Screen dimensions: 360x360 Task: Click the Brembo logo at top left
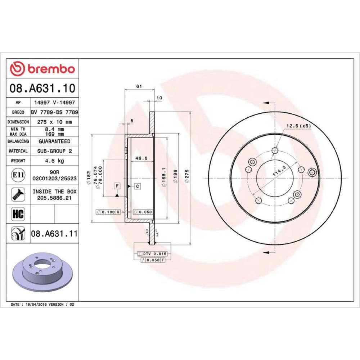[42, 69]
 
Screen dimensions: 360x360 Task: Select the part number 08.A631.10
[42, 88]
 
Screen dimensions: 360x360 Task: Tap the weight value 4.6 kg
[54, 161]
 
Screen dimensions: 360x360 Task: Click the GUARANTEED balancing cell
[54, 141]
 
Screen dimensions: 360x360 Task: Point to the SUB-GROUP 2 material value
[54, 151]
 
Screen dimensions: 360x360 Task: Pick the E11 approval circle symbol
[18, 175]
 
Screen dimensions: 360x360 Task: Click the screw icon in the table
[18, 194]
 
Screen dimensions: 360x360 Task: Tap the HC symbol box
[18, 214]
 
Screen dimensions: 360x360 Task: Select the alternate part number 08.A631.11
[54, 234]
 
